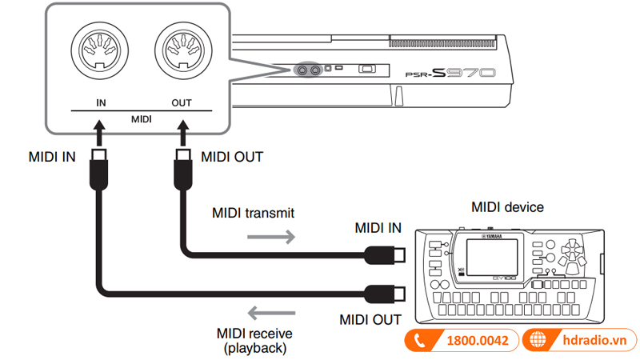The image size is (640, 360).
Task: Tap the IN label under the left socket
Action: click(100, 103)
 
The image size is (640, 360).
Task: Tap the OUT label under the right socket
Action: click(182, 103)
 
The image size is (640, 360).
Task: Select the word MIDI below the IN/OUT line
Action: click(141, 118)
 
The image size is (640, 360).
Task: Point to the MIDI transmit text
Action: click(253, 214)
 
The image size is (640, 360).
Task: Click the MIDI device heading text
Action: click(506, 207)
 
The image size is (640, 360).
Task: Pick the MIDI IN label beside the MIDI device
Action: click(380, 229)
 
